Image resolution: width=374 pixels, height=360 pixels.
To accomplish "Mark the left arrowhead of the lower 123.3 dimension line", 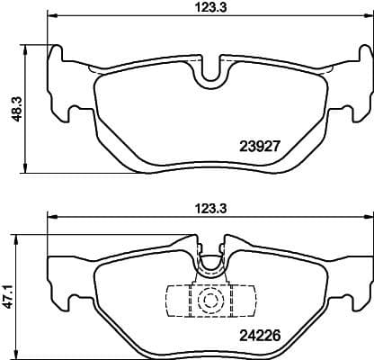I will [52, 217].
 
